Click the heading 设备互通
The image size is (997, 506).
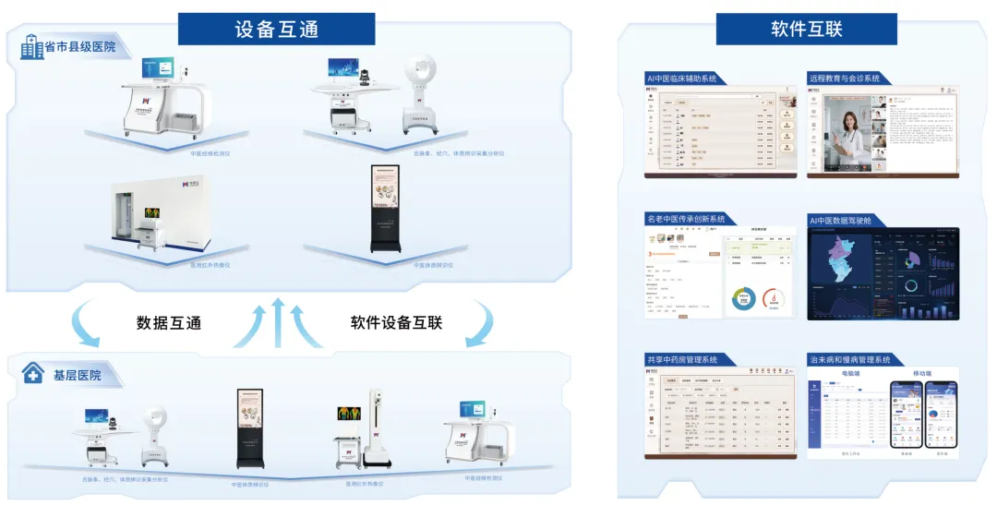[275, 29]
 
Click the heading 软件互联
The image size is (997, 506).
[806, 29]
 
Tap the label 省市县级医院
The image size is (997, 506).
[80, 46]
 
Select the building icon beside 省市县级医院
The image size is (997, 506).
[32, 47]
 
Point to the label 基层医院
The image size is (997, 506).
[77, 375]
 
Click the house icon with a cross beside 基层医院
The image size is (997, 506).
[33, 374]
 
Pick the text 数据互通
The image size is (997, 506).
[169, 323]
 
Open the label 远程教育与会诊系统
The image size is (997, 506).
[844, 78]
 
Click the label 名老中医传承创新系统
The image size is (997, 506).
[686, 219]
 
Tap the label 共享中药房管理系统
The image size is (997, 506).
[682, 359]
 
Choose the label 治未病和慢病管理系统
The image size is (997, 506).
[849, 359]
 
